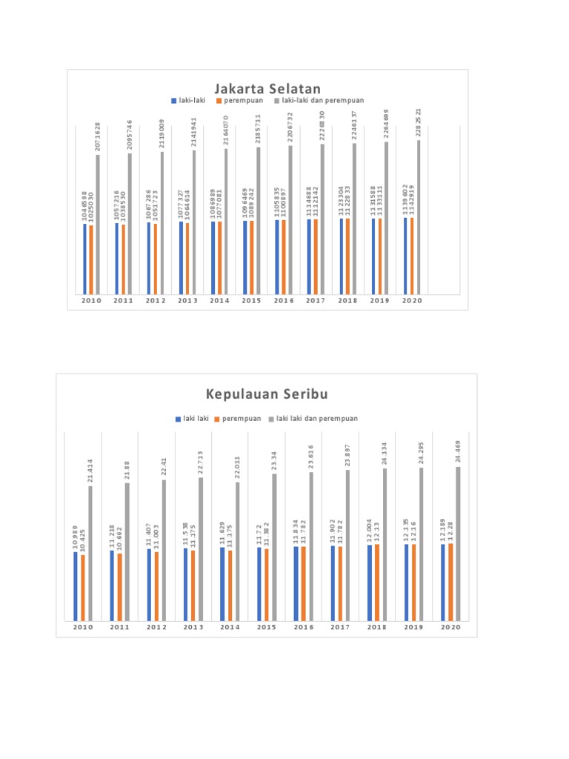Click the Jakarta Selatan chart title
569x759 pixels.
pos(267,89)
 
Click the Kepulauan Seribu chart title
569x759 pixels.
pos(267,394)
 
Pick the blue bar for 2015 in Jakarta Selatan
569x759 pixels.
pos(245,257)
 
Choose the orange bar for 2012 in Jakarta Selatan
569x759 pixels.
pos(156,259)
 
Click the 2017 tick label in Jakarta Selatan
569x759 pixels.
pos(316,301)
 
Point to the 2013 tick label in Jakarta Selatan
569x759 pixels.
pos(187,301)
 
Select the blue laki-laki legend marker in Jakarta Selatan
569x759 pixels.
pos(173,100)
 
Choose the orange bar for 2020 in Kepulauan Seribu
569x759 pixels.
pos(450,582)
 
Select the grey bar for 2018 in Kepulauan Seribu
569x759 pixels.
pos(384,544)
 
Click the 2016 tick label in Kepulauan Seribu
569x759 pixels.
pos(304,628)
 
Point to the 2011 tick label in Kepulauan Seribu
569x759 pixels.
pos(120,628)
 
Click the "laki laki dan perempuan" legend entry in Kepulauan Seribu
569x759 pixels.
pos(317,419)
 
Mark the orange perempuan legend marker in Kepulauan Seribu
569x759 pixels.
pos(217,419)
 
